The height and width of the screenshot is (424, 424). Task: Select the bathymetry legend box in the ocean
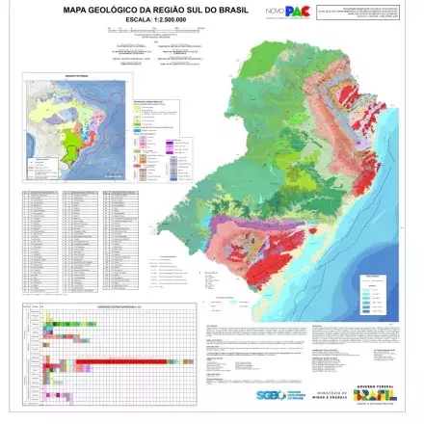point(376,294)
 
